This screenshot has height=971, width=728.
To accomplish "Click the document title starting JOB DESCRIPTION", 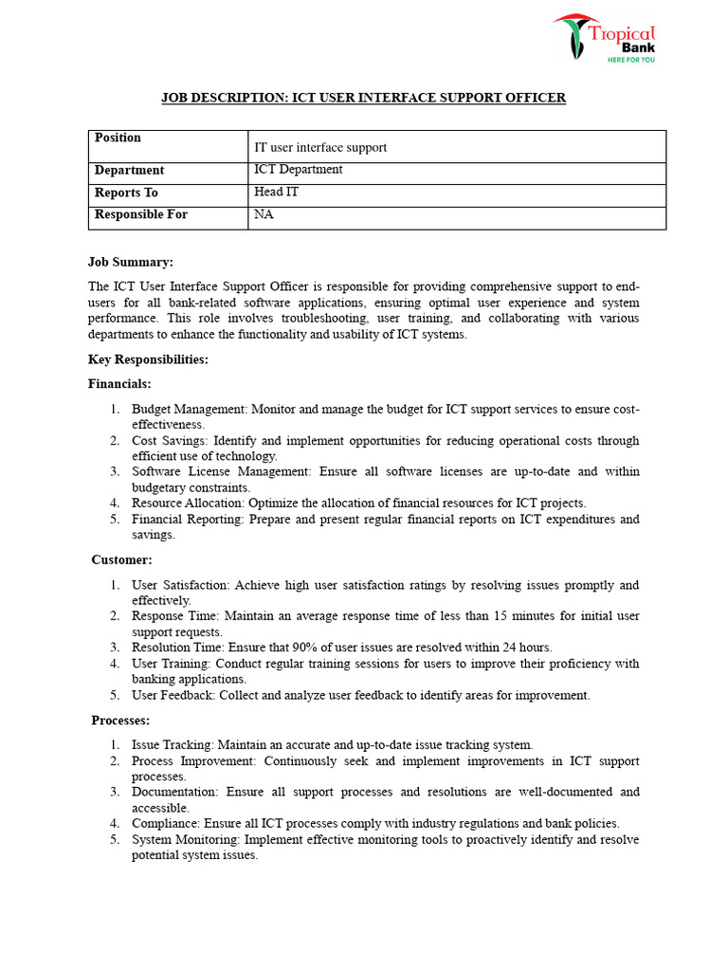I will [363, 98].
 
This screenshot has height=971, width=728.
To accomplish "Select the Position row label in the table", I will [118, 138].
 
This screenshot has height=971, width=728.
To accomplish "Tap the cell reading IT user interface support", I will [320, 147].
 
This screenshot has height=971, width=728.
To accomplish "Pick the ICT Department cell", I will [299, 170].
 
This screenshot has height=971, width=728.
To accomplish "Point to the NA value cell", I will [264, 214].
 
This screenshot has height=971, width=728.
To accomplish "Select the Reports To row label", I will [126, 192].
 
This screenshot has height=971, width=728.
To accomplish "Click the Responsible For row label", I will [141, 214].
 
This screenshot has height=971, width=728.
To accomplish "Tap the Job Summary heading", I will [131, 262].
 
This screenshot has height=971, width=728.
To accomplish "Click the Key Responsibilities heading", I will [148, 359].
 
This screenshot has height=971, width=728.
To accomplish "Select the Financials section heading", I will [119, 384].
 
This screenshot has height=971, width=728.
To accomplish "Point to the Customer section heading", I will [121, 560].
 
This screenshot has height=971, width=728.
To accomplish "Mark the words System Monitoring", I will [185, 839].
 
